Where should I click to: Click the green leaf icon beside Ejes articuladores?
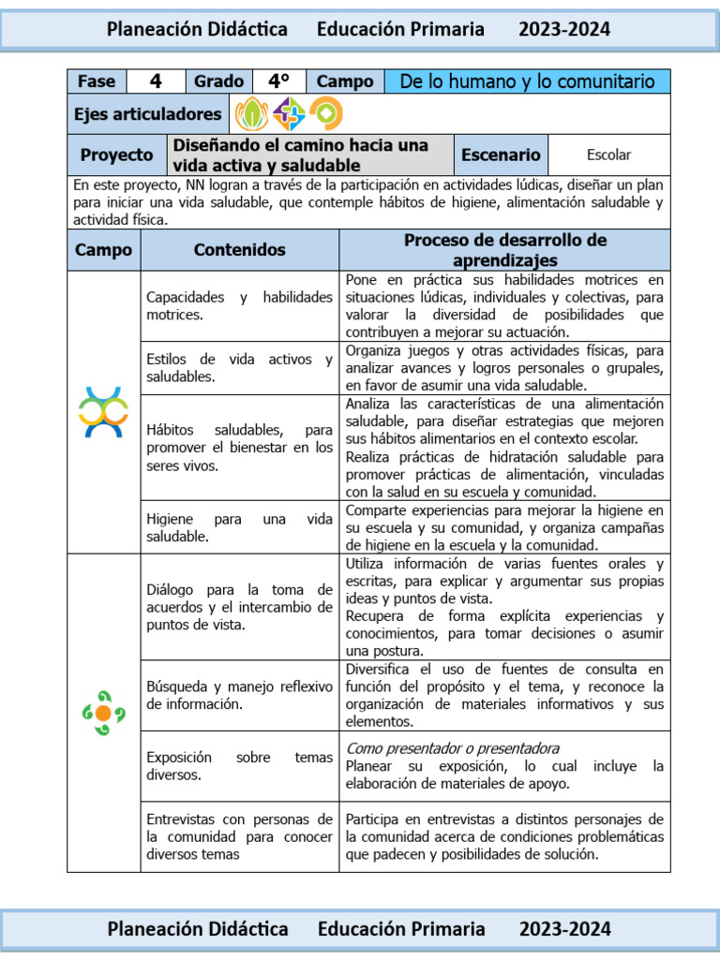[x=251, y=114]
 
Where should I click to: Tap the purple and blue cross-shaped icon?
[x=289, y=114]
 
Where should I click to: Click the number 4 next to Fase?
[x=156, y=81]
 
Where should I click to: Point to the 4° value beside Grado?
[x=278, y=81]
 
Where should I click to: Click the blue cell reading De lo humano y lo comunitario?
[x=527, y=81]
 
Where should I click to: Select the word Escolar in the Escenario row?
[x=608, y=155]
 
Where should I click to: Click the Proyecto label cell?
[x=116, y=155]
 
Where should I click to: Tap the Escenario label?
[x=501, y=155]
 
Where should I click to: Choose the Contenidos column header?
[x=239, y=250]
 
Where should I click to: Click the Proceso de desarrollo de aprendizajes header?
[x=504, y=250]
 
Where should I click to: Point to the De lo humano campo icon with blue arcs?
[x=103, y=411]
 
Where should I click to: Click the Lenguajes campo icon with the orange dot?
[x=103, y=712]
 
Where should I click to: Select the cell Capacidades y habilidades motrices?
[x=239, y=306]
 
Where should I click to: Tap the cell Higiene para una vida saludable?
[x=239, y=527]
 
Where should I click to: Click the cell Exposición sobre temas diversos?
[x=239, y=766]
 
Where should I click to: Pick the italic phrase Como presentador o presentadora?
[x=453, y=748]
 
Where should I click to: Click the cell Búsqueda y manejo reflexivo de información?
[x=239, y=695]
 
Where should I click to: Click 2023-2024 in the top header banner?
[x=563, y=30]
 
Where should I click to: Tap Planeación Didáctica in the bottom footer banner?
[x=198, y=929]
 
